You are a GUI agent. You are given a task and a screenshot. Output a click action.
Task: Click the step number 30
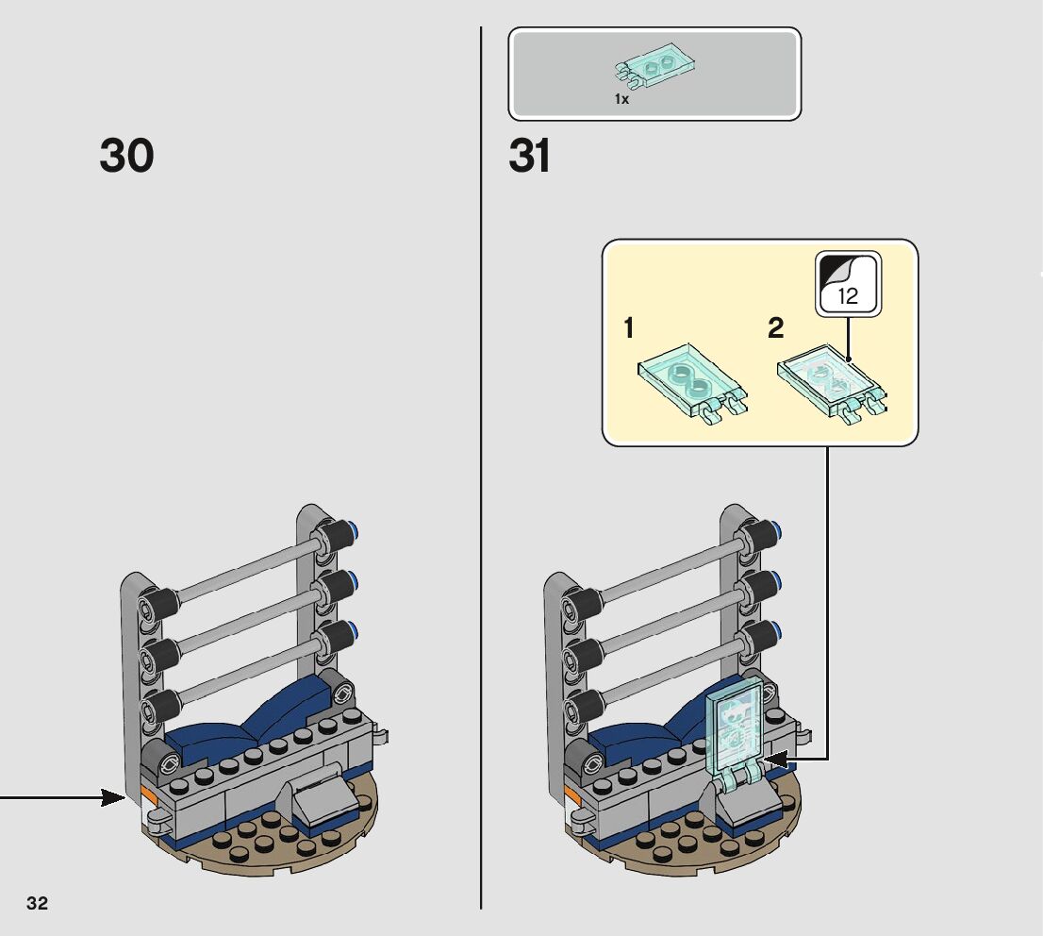tap(126, 156)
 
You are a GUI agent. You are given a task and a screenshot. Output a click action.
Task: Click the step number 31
tap(529, 156)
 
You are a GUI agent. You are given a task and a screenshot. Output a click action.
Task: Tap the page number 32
tap(37, 903)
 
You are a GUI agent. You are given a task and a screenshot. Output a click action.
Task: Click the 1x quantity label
tap(621, 98)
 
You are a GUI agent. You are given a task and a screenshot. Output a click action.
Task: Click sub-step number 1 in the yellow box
tap(629, 328)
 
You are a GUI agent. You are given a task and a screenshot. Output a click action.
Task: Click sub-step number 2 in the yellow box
tap(775, 328)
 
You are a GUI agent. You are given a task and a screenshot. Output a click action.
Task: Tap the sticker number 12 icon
tap(848, 283)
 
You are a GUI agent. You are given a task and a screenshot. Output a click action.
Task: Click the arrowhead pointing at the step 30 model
tap(114, 798)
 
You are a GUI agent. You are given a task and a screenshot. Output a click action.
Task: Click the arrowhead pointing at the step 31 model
tap(775, 758)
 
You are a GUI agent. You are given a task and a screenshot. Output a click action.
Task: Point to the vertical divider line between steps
tap(482, 472)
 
